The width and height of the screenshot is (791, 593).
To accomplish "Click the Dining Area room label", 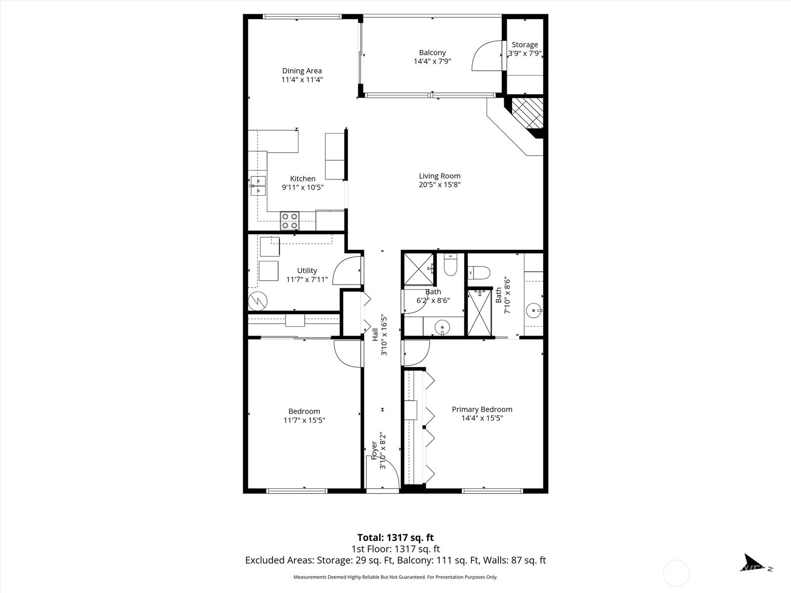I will pos(302,71).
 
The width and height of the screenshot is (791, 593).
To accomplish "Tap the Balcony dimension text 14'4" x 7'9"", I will pos(432,62).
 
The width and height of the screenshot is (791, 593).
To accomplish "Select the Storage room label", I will pos(525,44).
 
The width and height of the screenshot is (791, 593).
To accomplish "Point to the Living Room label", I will pos(439,176).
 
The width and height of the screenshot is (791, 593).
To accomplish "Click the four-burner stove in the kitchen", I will pos(290,220).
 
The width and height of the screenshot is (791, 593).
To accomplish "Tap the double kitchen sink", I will pos(258,186).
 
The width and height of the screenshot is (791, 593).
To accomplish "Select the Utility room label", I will pos(307,270).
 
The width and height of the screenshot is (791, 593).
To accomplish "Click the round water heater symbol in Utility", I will pos(258,301).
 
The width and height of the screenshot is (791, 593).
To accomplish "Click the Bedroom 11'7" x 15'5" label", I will pos(304,411).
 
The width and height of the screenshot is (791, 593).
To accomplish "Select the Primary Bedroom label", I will pos(482,409).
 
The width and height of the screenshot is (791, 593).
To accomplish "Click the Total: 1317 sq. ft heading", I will pos(395,537).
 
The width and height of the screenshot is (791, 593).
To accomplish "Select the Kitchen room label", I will pos(303,179).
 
